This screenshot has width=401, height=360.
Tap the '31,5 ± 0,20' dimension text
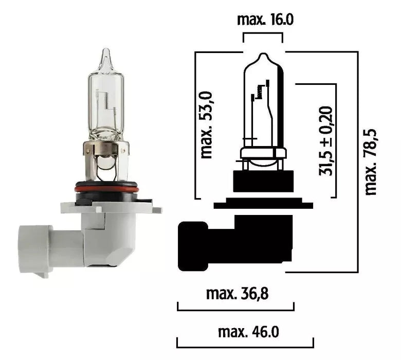[x=325, y=140]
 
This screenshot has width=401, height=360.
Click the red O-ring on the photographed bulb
[x=107, y=189]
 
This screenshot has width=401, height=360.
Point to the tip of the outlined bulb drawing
[x=263, y=55]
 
